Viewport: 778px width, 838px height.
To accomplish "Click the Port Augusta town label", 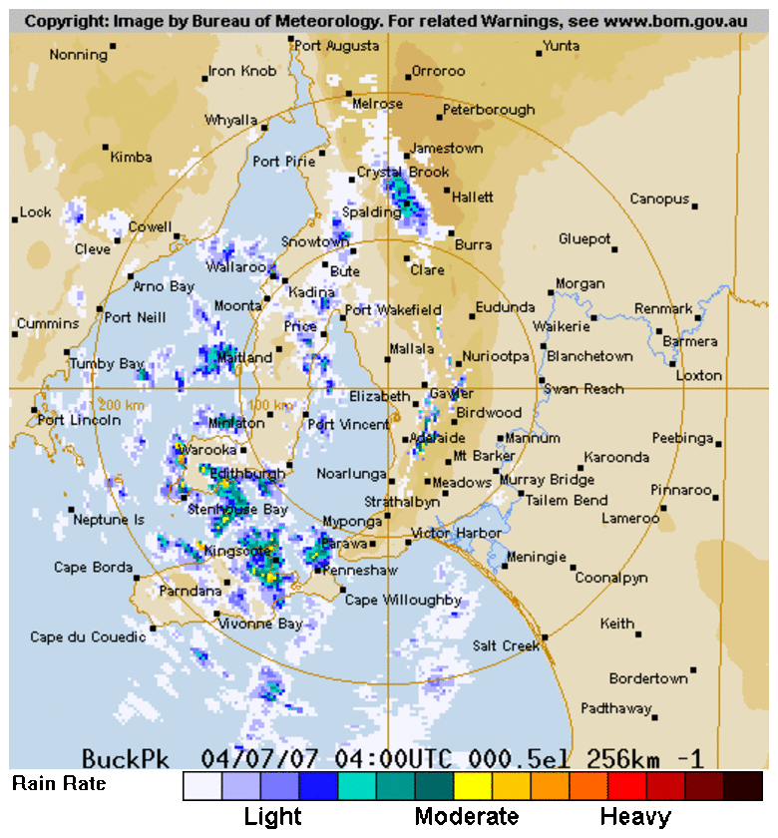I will (336, 46).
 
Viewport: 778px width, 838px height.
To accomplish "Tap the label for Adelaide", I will (437, 438).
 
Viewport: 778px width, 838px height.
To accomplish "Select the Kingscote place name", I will (235, 550).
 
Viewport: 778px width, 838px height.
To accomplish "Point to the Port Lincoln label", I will (79, 420).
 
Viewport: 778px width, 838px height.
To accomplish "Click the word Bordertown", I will (648, 678).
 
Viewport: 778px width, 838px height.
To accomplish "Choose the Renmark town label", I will (663, 309).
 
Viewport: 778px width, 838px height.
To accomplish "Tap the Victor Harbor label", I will (456, 534).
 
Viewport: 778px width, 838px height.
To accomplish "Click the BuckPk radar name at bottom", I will (126, 758).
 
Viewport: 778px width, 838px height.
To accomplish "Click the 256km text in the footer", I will (615, 758).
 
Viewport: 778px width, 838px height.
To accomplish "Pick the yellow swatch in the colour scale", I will (472, 786).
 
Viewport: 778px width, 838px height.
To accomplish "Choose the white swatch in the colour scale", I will (202, 786).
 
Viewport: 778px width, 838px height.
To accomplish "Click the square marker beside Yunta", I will (539, 53).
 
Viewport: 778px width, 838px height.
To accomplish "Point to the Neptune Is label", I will (109, 520).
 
